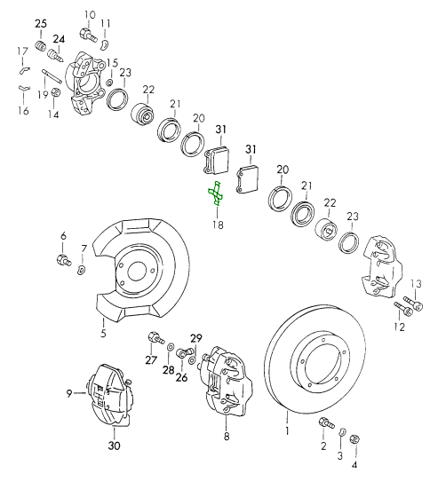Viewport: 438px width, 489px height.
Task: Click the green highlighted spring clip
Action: click(215, 197)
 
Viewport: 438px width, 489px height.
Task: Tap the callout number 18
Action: click(218, 225)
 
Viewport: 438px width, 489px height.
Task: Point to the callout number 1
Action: click(287, 431)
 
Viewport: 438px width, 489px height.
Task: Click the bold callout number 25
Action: click(40, 22)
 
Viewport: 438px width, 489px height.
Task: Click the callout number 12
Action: click(399, 327)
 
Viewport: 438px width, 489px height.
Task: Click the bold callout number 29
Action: click(196, 338)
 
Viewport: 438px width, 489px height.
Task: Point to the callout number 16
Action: click(24, 111)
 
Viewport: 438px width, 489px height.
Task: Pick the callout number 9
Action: click(68, 393)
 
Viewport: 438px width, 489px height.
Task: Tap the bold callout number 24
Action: click(59, 39)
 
